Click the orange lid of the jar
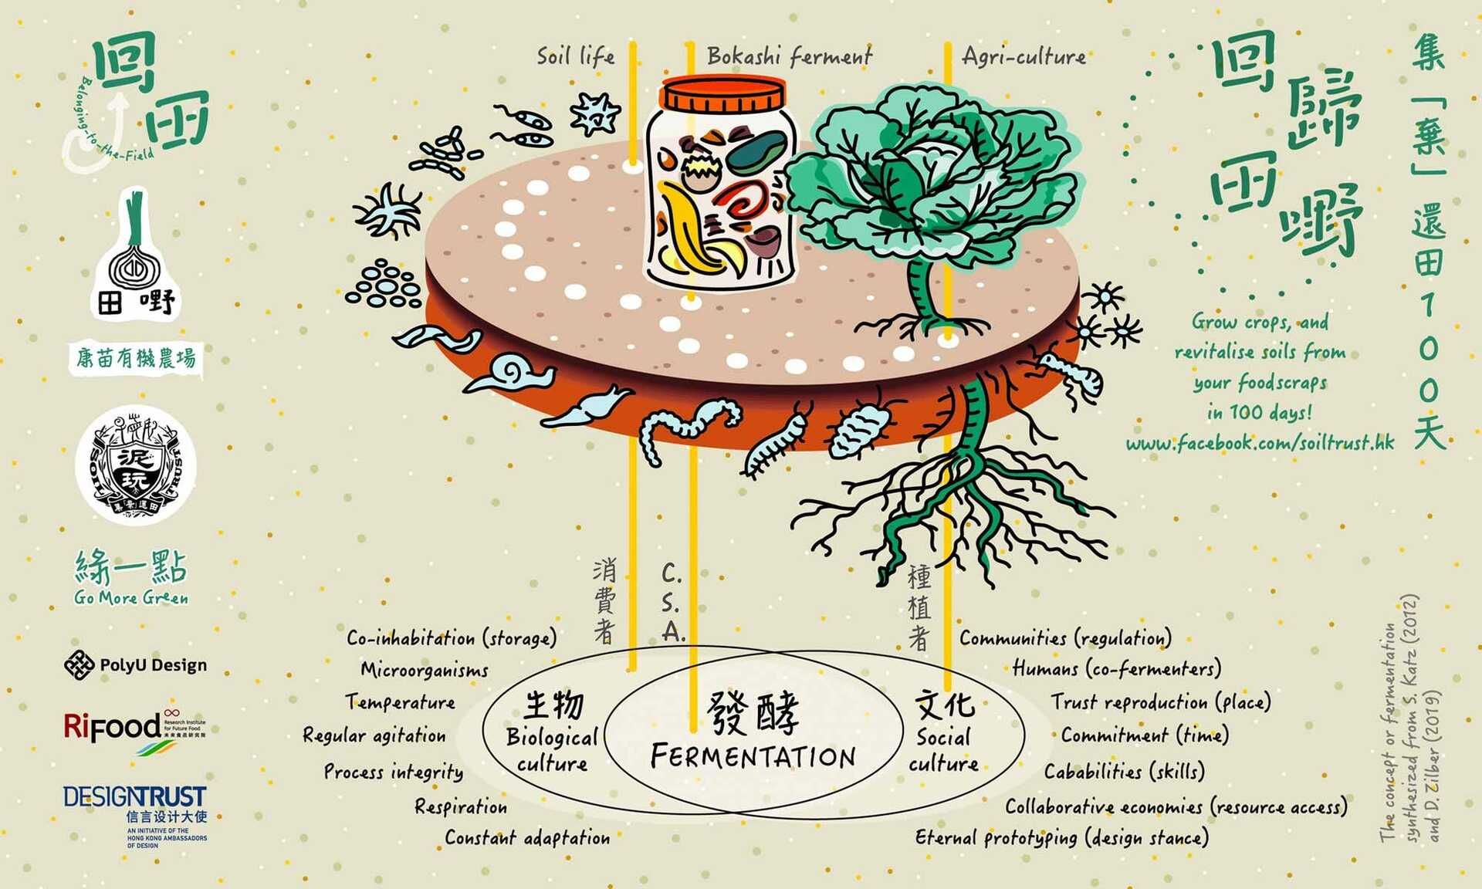(724, 94)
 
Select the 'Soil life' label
(576, 56)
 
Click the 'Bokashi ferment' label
(789, 56)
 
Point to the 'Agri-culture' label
(1024, 56)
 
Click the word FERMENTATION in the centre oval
(753, 756)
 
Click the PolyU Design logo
(136, 664)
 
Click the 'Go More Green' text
(131, 598)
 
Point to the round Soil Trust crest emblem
(136, 465)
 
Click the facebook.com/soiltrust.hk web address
(1260, 443)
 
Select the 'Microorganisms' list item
(425, 670)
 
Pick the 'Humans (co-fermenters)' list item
(1117, 668)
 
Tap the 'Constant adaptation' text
(527, 838)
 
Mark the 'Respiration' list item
(461, 807)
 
